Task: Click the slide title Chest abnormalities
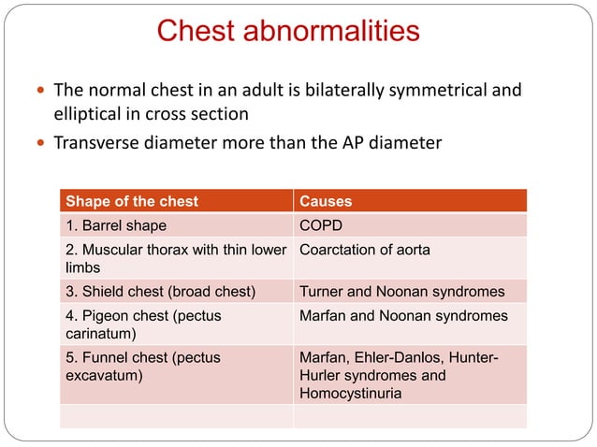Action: (x=288, y=32)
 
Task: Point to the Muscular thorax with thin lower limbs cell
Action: (x=175, y=258)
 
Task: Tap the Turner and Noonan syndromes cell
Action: (x=401, y=291)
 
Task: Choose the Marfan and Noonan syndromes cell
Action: (x=403, y=316)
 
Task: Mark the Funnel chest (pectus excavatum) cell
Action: (x=141, y=366)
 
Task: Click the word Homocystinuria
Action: (x=350, y=394)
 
